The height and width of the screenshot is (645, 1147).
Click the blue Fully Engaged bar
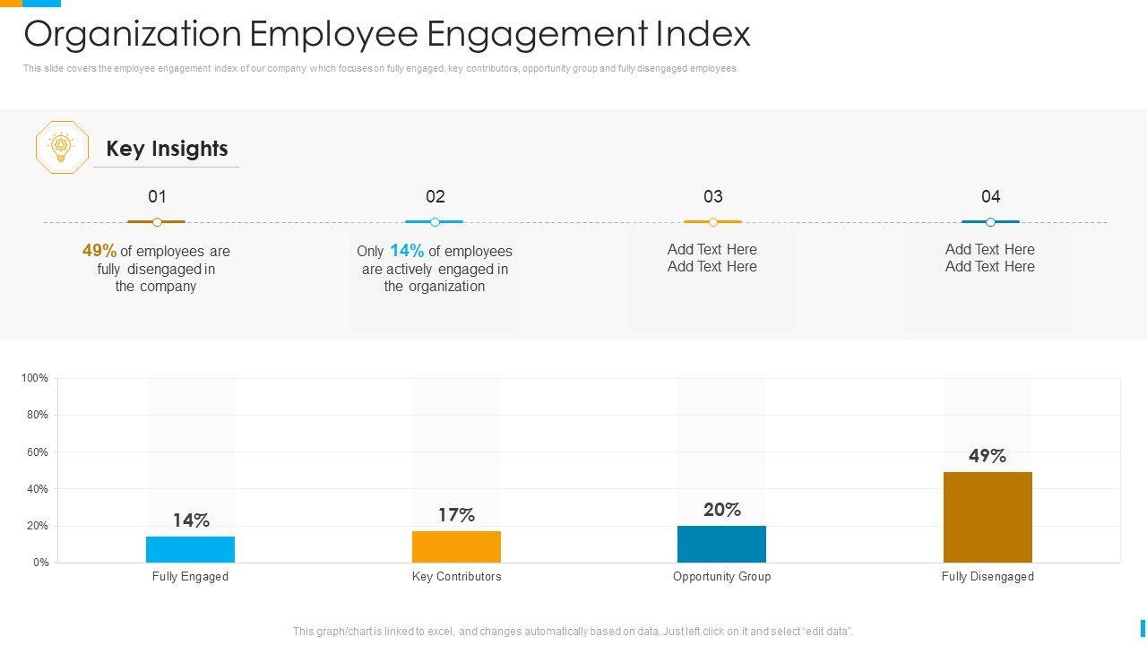(x=190, y=549)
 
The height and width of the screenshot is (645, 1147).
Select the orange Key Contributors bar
(x=456, y=546)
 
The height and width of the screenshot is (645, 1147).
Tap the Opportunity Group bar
(x=721, y=544)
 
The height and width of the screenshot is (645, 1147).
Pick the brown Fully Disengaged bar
(x=987, y=517)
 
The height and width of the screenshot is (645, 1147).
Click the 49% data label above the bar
(x=987, y=456)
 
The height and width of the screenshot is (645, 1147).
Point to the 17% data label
(x=456, y=515)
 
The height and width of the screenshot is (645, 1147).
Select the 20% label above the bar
(x=722, y=510)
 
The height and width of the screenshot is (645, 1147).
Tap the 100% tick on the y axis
(x=35, y=379)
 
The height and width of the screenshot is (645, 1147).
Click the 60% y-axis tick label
(x=38, y=452)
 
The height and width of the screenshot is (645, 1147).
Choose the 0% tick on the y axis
(x=40, y=563)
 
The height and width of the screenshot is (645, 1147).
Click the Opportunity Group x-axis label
(x=721, y=577)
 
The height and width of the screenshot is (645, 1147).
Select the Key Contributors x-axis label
(x=456, y=577)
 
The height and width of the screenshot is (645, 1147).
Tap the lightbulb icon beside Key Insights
(x=62, y=147)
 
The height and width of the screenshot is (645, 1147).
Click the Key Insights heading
(x=167, y=149)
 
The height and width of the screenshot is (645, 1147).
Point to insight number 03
(x=712, y=196)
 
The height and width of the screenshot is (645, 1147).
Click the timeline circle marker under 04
(x=990, y=222)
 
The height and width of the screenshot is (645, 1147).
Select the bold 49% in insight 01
(x=99, y=251)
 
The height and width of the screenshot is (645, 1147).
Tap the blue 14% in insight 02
(x=407, y=251)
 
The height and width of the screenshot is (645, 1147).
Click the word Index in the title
(x=703, y=34)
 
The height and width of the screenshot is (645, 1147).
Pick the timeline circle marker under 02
(x=435, y=222)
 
